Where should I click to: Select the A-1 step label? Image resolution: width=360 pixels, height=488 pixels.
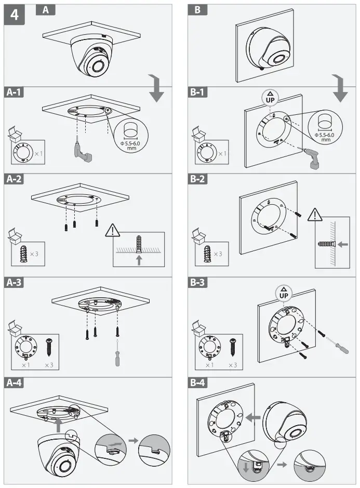[16, 93]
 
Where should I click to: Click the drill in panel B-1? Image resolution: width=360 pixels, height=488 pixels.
[313, 157]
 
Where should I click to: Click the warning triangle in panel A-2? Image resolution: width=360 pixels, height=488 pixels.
[113, 230]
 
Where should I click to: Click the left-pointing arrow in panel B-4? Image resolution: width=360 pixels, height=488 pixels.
[254, 416]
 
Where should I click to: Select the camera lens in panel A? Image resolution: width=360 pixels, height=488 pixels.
[96, 66]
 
